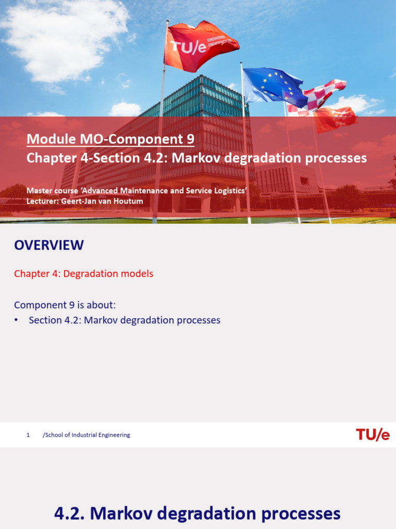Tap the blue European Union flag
pos(273,85)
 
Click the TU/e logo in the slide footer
pos(372,435)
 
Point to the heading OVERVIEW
pos(49,245)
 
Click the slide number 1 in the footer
pos(28,435)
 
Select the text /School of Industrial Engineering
pos(86,435)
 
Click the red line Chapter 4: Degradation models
pos(84,274)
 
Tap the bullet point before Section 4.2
pos(17,320)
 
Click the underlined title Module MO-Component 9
pos(110,139)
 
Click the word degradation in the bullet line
pos(148,320)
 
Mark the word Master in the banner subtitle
pos(39,191)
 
